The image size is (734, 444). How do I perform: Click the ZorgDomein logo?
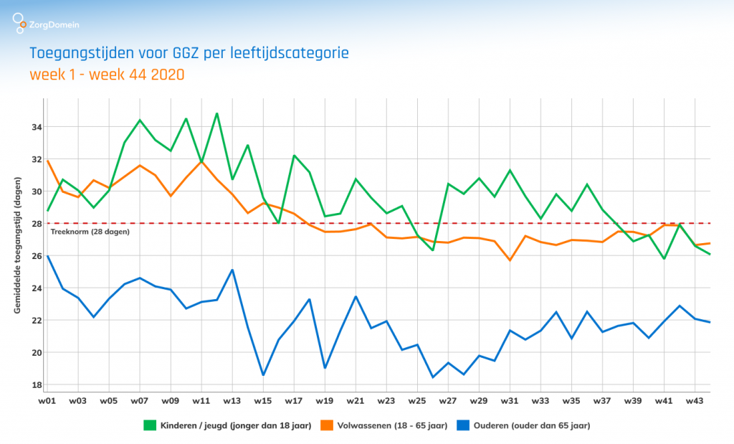click(x=46, y=25)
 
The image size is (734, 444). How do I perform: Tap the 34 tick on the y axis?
click(x=37, y=127)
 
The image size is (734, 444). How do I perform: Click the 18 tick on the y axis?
click(x=37, y=384)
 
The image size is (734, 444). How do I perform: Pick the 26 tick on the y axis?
click(x=37, y=256)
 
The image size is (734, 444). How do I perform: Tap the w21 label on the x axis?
click(x=356, y=400)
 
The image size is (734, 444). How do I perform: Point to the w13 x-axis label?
click(x=232, y=400)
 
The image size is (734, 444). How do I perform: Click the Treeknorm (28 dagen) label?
click(x=89, y=232)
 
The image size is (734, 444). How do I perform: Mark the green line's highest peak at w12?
click(x=216, y=113)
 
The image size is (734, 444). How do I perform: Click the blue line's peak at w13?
click(x=232, y=270)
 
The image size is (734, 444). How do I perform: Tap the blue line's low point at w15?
click(x=263, y=374)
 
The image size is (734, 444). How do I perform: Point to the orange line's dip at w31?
click(x=510, y=260)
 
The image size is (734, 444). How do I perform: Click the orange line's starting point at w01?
click(x=47, y=161)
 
